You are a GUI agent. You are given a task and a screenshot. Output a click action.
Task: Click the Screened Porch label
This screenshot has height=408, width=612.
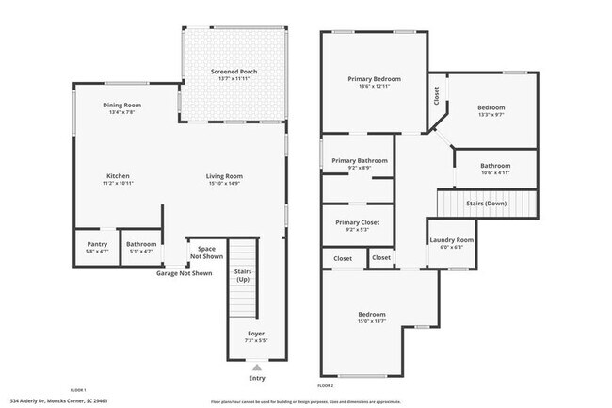(x=234, y=72)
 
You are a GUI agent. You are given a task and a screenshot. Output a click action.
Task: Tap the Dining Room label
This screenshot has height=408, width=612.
(x=122, y=105)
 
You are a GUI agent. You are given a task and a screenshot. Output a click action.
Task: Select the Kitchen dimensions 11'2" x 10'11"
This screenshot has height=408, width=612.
(x=118, y=184)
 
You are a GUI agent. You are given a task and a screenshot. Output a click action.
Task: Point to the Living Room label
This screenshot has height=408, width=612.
(x=225, y=176)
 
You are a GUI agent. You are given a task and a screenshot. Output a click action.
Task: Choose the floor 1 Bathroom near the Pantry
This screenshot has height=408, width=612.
(x=141, y=244)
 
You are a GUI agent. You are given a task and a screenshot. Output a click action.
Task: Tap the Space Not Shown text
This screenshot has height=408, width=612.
(x=207, y=253)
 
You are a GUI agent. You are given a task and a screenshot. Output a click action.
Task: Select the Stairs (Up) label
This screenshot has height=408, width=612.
(x=243, y=276)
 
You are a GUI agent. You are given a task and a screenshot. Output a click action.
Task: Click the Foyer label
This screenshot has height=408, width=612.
(x=256, y=334)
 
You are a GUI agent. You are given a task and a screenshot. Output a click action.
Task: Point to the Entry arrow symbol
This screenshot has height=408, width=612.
(x=256, y=367)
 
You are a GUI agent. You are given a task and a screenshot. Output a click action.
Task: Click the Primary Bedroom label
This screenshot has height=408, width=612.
(x=375, y=79)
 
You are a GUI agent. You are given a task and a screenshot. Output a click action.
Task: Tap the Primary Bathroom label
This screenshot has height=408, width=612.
(x=360, y=161)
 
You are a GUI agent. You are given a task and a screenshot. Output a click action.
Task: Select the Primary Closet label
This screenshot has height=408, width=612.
(x=358, y=222)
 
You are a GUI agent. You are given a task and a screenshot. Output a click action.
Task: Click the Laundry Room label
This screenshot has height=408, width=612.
(x=452, y=240)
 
